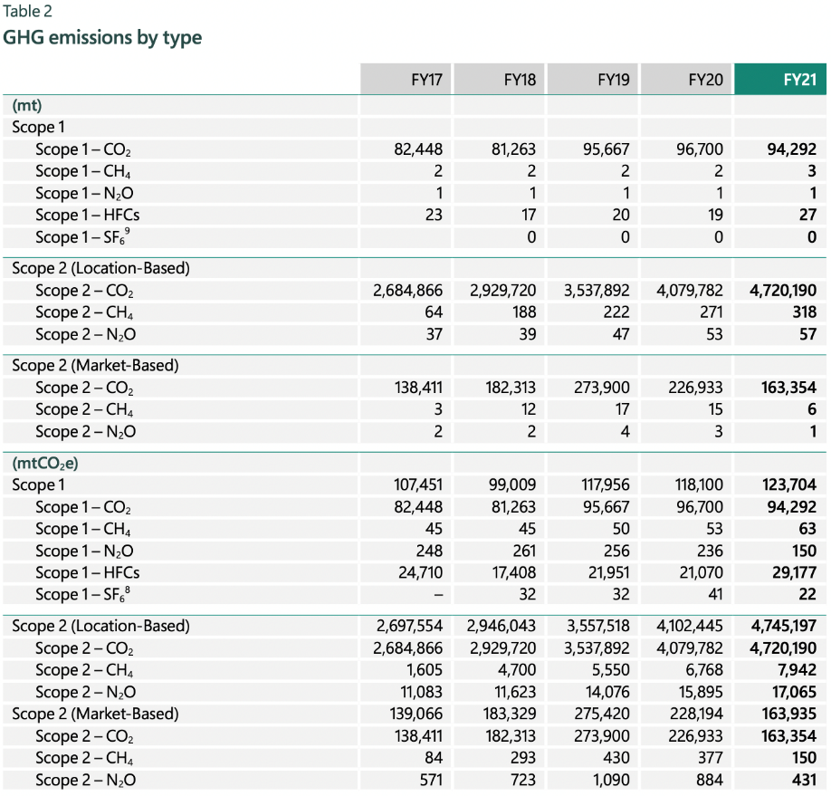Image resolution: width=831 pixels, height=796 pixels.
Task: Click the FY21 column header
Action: pyautogui.click(x=799, y=80)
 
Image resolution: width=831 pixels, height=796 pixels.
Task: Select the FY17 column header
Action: pyautogui.click(x=425, y=80)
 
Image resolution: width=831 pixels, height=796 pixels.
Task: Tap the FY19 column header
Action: pyautogui.click(x=613, y=80)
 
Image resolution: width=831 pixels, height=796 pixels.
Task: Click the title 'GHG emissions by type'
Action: pyautogui.click(x=102, y=38)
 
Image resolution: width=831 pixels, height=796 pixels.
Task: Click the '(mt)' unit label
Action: pyautogui.click(x=27, y=105)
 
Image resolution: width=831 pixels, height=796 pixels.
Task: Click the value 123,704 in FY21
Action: pyautogui.click(x=789, y=484)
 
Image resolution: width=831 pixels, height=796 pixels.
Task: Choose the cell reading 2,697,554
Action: pyautogui.click(x=407, y=627)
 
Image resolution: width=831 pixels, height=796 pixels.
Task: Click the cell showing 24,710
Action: pyautogui.click(x=419, y=572)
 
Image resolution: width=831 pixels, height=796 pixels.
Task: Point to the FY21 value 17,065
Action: pyautogui.click(x=794, y=693)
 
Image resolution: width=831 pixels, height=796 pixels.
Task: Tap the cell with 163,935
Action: pyautogui.click(x=789, y=714)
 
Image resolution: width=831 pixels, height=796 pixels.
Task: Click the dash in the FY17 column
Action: pyautogui.click(x=437, y=595)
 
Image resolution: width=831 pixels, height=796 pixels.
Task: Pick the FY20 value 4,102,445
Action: pyautogui.click(x=688, y=627)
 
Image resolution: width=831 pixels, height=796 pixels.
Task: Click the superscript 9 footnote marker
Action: pyautogui.click(x=129, y=231)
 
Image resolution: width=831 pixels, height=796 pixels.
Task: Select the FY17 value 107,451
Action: pyautogui.click(x=415, y=484)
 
